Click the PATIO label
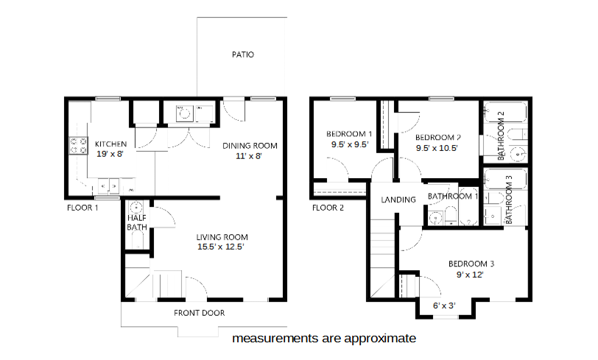pyautogui.click(x=243, y=54)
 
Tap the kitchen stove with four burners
pyautogui.click(x=78, y=146)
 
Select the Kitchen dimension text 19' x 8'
pyautogui.click(x=110, y=154)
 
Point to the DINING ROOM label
pyautogui.click(x=250, y=146)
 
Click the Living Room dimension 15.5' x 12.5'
pyautogui.click(x=220, y=247)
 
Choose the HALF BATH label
pyautogui.click(x=137, y=223)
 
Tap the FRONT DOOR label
pyautogui.click(x=199, y=313)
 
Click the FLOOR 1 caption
pyautogui.click(x=82, y=208)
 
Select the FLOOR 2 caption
pyautogui.click(x=328, y=208)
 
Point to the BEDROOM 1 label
pyautogui.click(x=349, y=134)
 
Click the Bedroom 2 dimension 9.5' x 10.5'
pyautogui.click(x=437, y=148)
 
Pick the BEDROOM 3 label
pyautogui.click(x=471, y=264)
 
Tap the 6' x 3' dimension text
pyautogui.click(x=444, y=306)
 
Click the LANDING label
pyautogui.click(x=398, y=200)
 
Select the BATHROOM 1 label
pyautogui.click(x=453, y=197)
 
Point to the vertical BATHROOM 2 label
pyautogui.click(x=501, y=135)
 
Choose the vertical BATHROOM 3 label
pyautogui.click(x=509, y=200)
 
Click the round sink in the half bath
pyautogui.click(x=136, y=208)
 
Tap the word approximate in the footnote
pyautogui.click(x=380, y=339)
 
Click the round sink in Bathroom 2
pyautogui.click(x=518, y=155)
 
